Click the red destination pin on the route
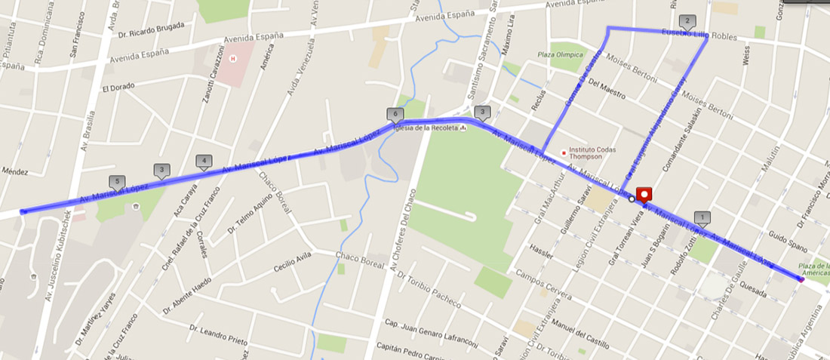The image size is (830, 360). tap(644, 195)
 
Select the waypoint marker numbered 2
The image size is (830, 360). tap(687, 21)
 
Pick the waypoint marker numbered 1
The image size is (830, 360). tap(702, 218)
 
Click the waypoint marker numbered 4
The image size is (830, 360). tap(201, 161)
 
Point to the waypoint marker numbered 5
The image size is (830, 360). tap(116, 182)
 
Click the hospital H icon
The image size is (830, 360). tap(232, 58)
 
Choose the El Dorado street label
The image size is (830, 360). tap(118, 87)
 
